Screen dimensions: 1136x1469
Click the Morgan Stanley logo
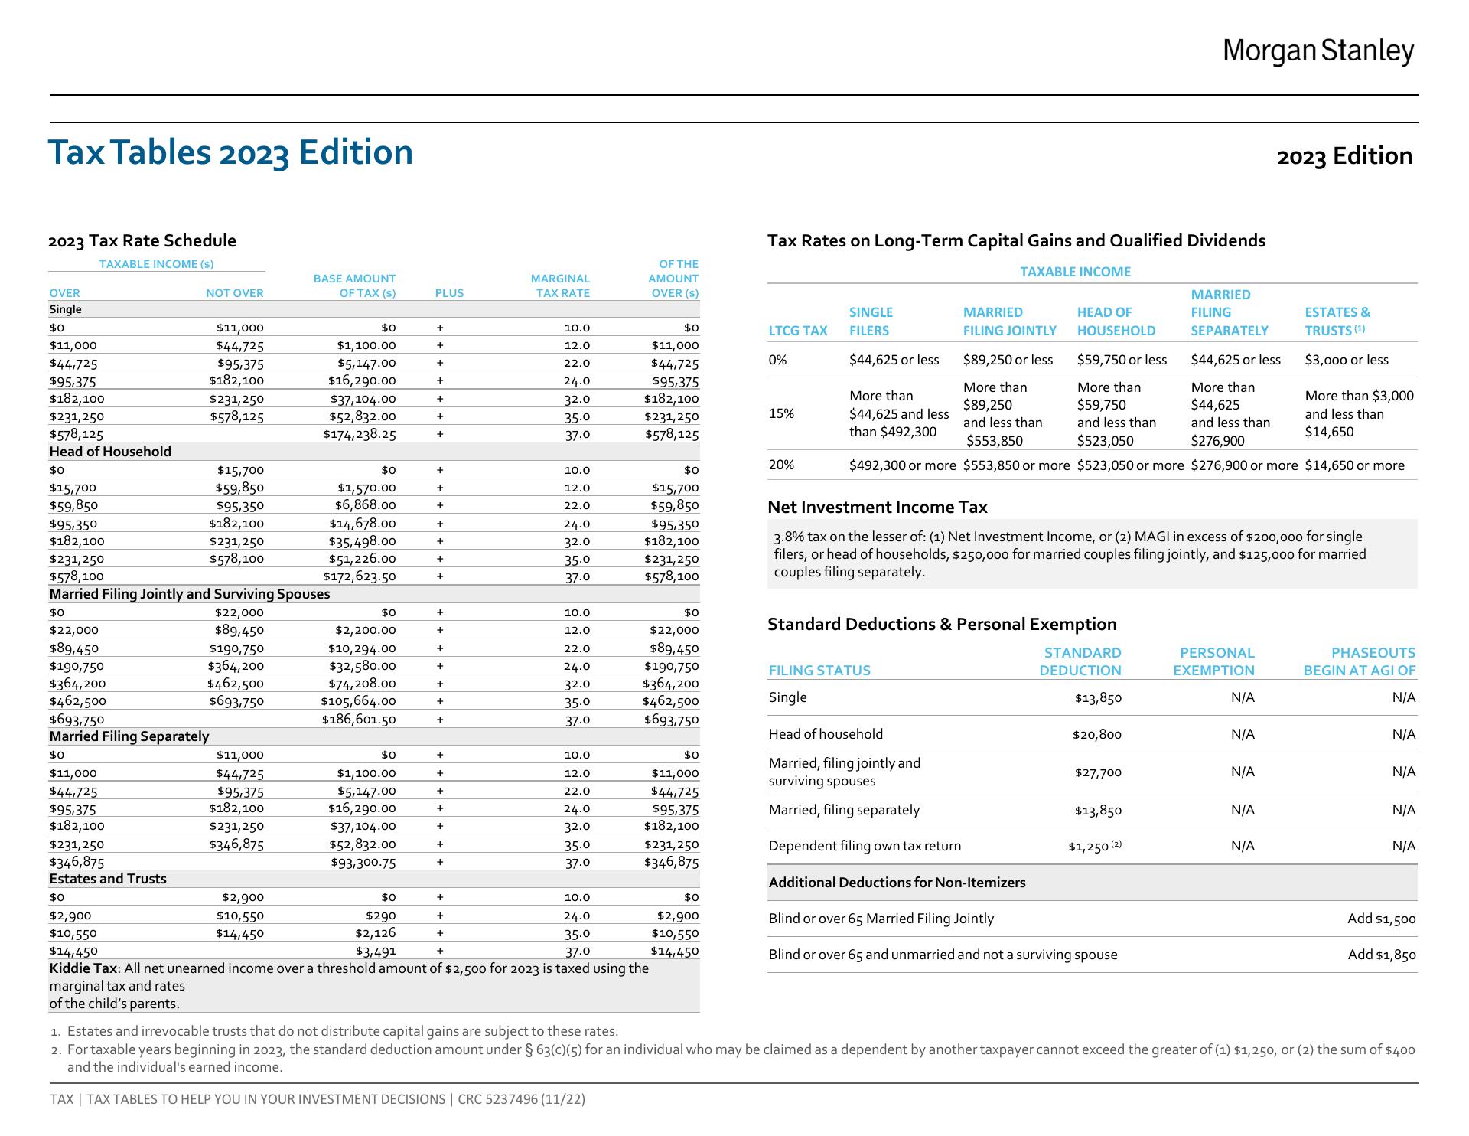(x=1318, y=51)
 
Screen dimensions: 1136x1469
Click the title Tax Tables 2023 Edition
(x=230, y=152)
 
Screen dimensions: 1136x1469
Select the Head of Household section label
(x=110, y=452)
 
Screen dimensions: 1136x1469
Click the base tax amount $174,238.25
(x=359, y=434)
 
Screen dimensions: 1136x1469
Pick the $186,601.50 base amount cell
(x=359, y=719)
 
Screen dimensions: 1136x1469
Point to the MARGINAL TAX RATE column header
(x=560, y=286)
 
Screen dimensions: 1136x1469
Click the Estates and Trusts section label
(x=108, y=879)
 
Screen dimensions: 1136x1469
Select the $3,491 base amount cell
(x=376, y=951)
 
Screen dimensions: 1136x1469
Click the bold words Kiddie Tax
(x=83, y=968)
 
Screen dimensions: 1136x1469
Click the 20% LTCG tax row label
(x=781, y=465)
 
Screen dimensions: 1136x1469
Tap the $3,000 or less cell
(x=1346, y=360)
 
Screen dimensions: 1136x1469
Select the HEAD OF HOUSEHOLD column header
(x=1116, y=322)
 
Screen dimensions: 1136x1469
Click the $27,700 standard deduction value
(x=1098, y=772)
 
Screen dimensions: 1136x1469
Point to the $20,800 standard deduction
(x=1096, y=735)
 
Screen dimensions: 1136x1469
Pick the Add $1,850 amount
(x=1381, y=955)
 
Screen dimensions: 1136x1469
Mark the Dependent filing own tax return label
(x=865, y=846)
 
